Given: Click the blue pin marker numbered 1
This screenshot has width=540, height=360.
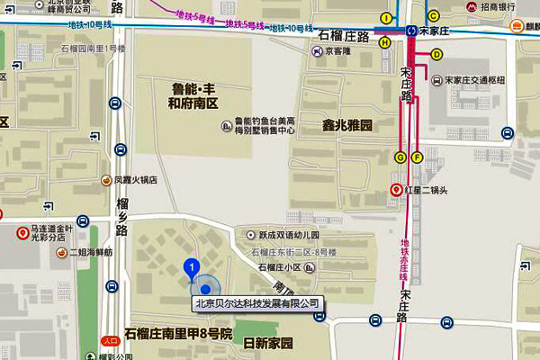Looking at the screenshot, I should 191,267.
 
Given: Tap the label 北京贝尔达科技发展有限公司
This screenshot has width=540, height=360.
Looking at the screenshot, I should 257,304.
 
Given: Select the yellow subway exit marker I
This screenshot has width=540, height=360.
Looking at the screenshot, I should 387,18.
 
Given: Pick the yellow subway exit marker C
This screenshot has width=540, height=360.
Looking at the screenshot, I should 434,15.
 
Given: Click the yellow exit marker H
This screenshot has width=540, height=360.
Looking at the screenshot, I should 385,41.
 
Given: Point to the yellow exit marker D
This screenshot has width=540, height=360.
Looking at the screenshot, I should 437,54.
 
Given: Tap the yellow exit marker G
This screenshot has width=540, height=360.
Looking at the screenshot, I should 400,157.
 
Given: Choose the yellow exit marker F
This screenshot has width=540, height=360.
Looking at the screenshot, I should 417,157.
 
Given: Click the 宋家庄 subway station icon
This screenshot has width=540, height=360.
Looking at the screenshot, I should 411,30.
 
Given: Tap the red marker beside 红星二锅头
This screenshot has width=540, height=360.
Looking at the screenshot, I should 395,190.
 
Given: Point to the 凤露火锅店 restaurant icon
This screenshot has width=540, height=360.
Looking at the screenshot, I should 107,180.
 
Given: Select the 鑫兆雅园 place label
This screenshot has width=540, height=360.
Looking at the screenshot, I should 347,123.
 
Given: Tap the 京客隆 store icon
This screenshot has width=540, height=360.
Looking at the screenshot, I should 317,52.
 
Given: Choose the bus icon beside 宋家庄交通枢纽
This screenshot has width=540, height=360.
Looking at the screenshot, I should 436,80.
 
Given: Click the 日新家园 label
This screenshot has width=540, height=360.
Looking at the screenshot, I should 268,344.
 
